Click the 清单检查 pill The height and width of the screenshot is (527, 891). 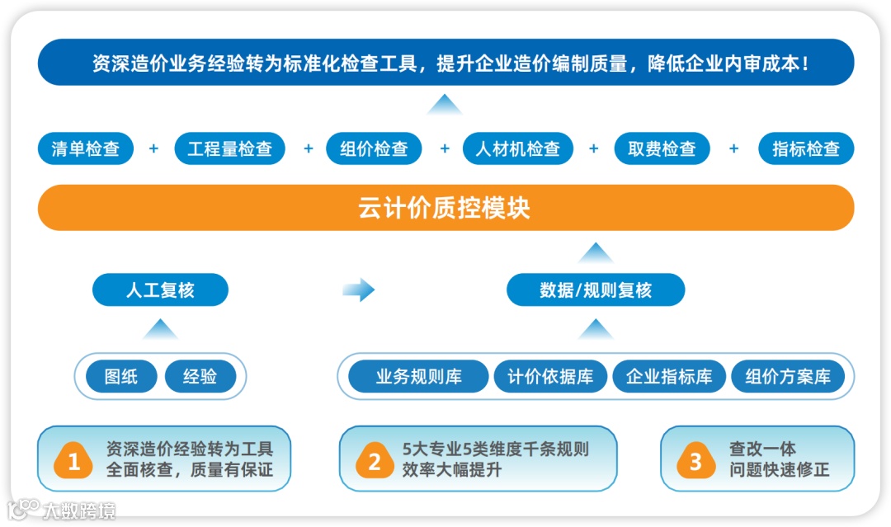point(86,149)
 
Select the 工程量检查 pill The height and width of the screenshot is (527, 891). point(229,149)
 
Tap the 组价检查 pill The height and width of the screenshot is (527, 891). point(375,149)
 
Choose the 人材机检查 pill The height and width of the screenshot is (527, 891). point(517,149)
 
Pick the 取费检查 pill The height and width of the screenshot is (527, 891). point(662,149)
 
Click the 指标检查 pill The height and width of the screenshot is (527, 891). point(806,149)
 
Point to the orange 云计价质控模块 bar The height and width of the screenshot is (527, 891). point(445,207)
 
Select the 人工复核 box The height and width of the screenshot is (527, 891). point(160,290)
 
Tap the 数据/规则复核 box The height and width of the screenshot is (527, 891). point(596,290)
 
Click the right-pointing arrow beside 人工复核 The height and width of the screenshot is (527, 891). point(358,289)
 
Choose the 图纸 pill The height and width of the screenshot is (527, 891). point(121,377)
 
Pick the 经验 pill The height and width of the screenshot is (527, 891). point(200,377)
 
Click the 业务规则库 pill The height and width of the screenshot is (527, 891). point(419,377)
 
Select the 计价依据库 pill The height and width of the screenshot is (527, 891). point(550,377)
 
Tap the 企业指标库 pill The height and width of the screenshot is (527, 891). point(669,377)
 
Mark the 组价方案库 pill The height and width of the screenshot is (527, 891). point(788,377)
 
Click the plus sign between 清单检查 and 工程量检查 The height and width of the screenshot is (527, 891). point(153,149)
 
